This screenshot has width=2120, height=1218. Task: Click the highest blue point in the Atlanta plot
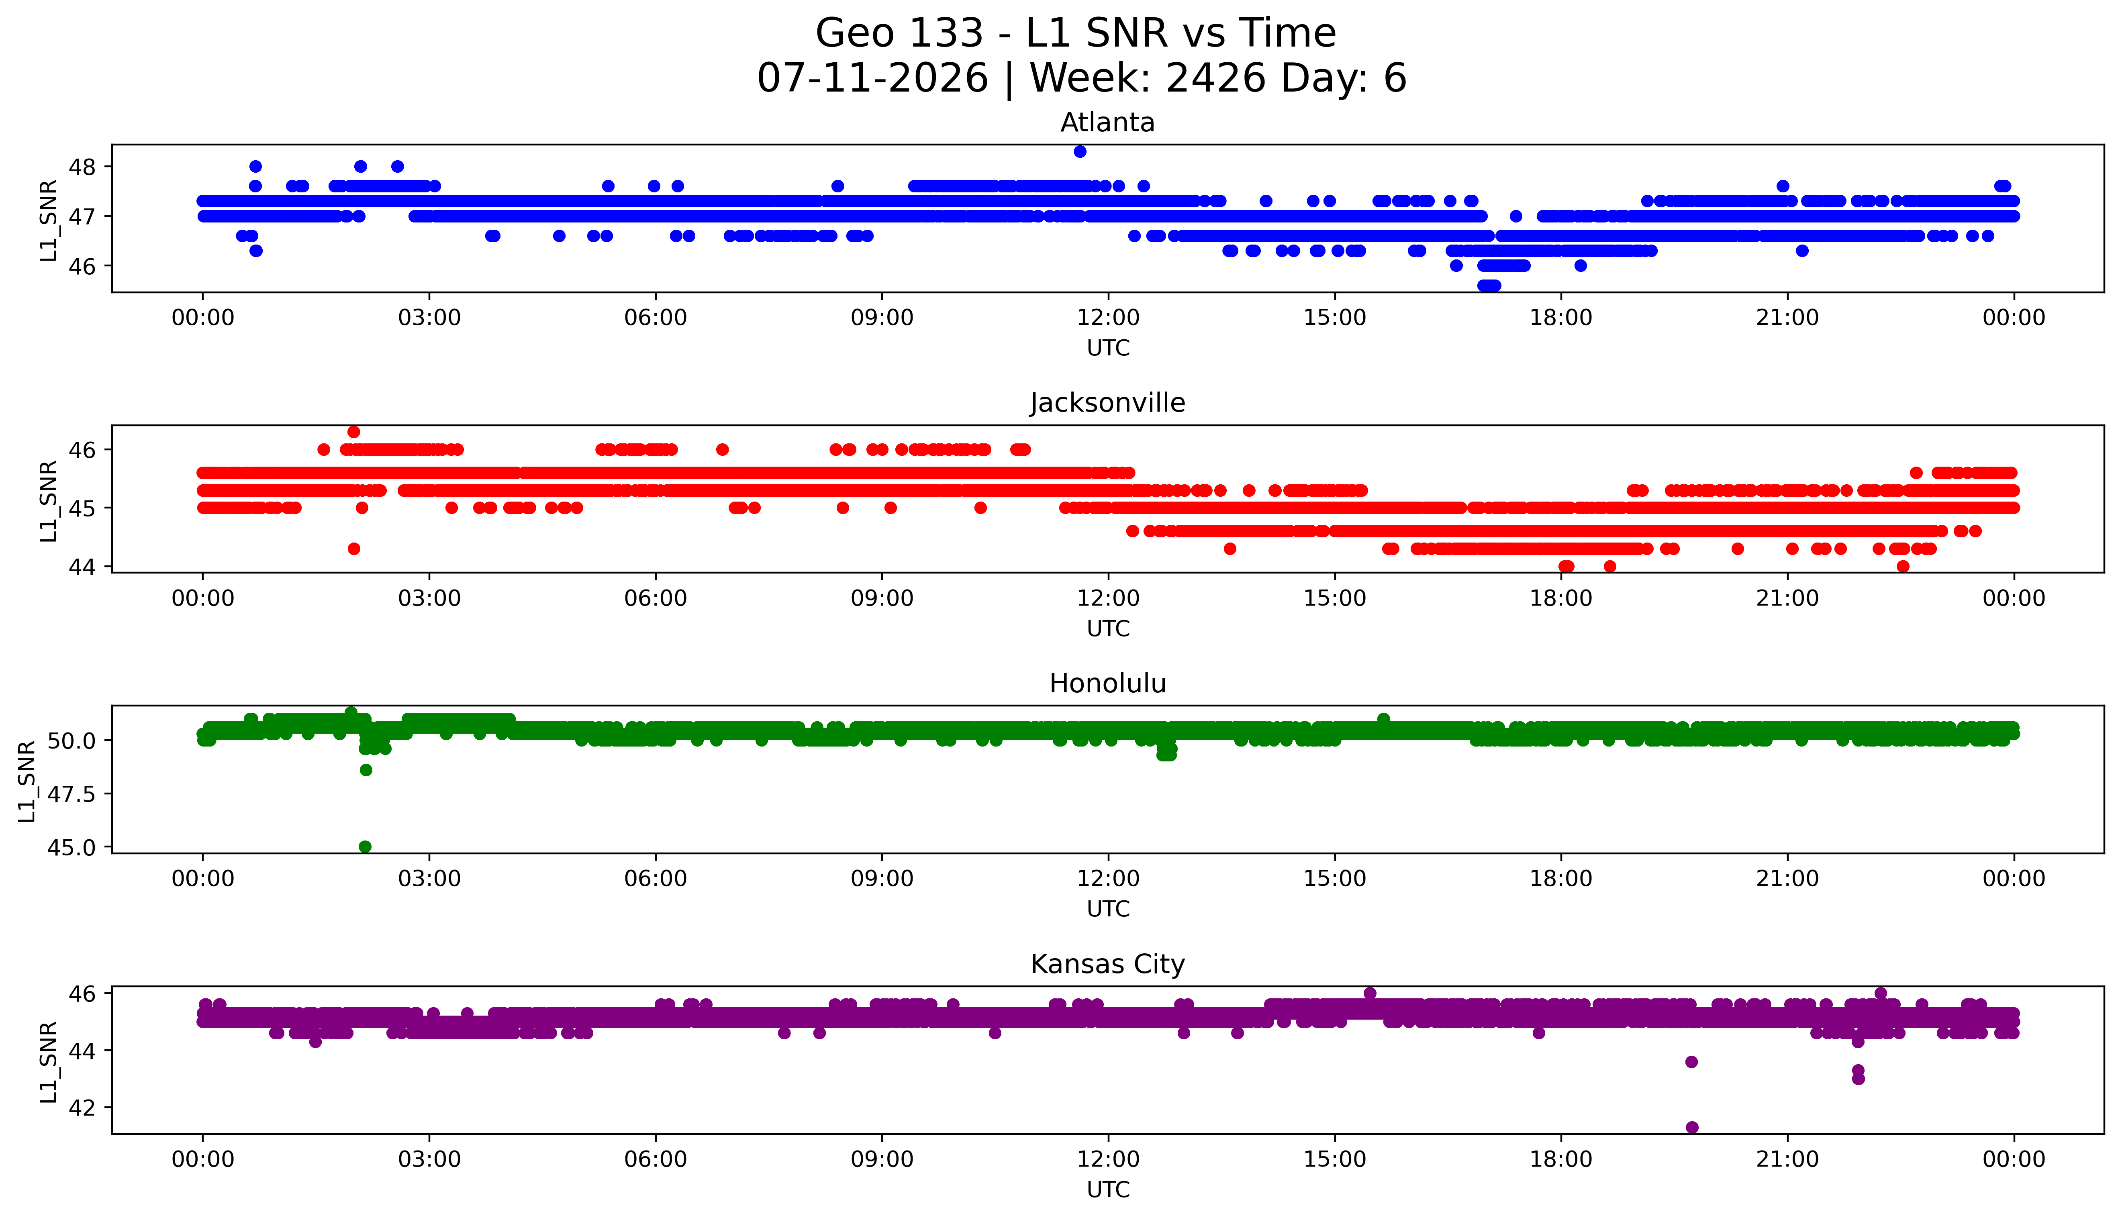pos(1080,151)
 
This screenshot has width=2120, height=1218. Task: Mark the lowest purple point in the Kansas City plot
pos(1692,1127)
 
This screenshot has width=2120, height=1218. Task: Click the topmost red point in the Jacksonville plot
pos(354,432)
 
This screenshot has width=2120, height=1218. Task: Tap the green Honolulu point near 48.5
pos(366,769)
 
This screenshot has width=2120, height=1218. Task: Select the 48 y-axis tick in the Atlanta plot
pos(83,167)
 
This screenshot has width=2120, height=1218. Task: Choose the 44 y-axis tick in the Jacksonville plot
pos(83,566)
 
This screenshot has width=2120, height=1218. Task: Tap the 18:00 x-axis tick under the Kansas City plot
pos(1561,1159)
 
